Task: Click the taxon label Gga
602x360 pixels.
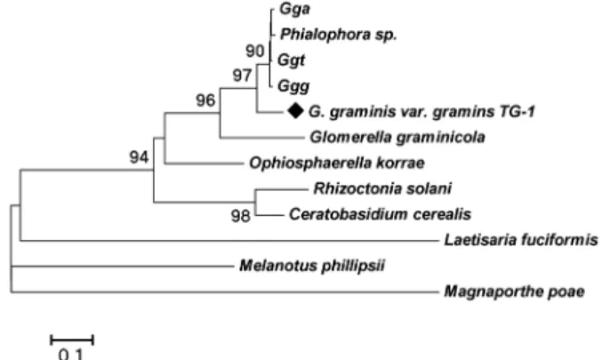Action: click(x=294, y=9)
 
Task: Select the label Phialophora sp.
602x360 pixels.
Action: click(x=338, y=35)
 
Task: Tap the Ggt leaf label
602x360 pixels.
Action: click(x=291, y=60)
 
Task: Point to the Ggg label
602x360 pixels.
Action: click(x=293, y=86)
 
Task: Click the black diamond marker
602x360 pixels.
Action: click(x=295, y=111)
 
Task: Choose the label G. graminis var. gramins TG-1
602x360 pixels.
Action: click(x=421, y=112)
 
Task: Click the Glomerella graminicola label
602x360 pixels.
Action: click(x=397, y=138)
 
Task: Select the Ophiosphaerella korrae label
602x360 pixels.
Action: click(x=337, y=164)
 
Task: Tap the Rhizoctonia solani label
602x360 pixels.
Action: click(x=382, y=188)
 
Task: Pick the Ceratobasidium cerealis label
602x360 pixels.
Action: click(x=380, y=214)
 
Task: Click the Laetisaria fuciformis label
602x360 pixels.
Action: click(x=521, y=240)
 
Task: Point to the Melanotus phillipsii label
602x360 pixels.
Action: click(x=312, y=266)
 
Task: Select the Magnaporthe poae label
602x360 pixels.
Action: click(x=515, y=292)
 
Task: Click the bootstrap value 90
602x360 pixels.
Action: click(x=255, y=51)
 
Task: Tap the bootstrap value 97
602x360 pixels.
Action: click(x=242, y=76)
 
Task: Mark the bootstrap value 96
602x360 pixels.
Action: click(x=205, y=100)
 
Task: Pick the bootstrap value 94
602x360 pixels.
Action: click(x=139, y=157)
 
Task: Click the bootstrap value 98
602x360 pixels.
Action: click(x=241, y=216)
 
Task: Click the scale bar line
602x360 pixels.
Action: click(x=72, y=340)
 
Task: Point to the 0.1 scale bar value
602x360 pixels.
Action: click(x=71, y=354)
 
